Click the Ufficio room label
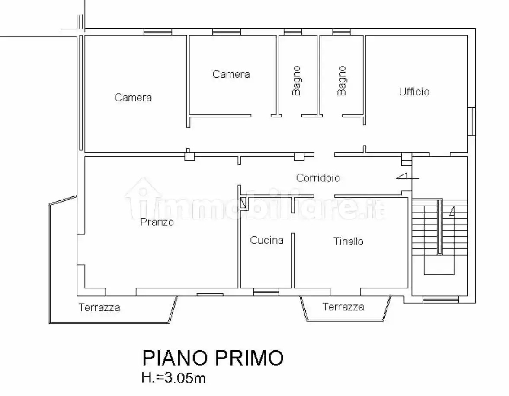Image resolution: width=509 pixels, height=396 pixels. pyautogui.click(x=414, y=92)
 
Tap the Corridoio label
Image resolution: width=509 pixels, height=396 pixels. pyautogui.click(x=318, y=177)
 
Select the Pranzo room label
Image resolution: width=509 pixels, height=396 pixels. pyautogui.click(x=157, y=222)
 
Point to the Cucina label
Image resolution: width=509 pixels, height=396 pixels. pyautogui.click(x=266, y=241)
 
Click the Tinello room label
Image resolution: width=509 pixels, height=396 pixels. pyautogui.click(x=348, y=241)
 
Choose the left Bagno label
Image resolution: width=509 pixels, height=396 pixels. pyautogui.click(x=296, y=81)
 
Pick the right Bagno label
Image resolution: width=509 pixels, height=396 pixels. pyautogui.click(x=342, y=81)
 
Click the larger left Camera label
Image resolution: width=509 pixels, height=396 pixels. pyautogui.click(x=133, y=98)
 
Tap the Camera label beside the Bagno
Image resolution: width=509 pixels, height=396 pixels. pyautogui.click(x=231, y=74)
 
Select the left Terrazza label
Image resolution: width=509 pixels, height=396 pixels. pyautogui.click(x=99, y=308)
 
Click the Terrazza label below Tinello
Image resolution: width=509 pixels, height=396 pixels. pyautogui.click(x=343, y=307)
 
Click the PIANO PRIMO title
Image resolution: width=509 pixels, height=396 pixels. pyautogui.click(x=213, y=358)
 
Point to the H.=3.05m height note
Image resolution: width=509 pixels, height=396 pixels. pyautogui.click(x=173, y=379)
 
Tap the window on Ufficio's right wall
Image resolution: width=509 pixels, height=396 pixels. pyautogui.click(x=472, y=120)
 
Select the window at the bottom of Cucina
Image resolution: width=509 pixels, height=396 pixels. pyautogui.click(x=266, y=293)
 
